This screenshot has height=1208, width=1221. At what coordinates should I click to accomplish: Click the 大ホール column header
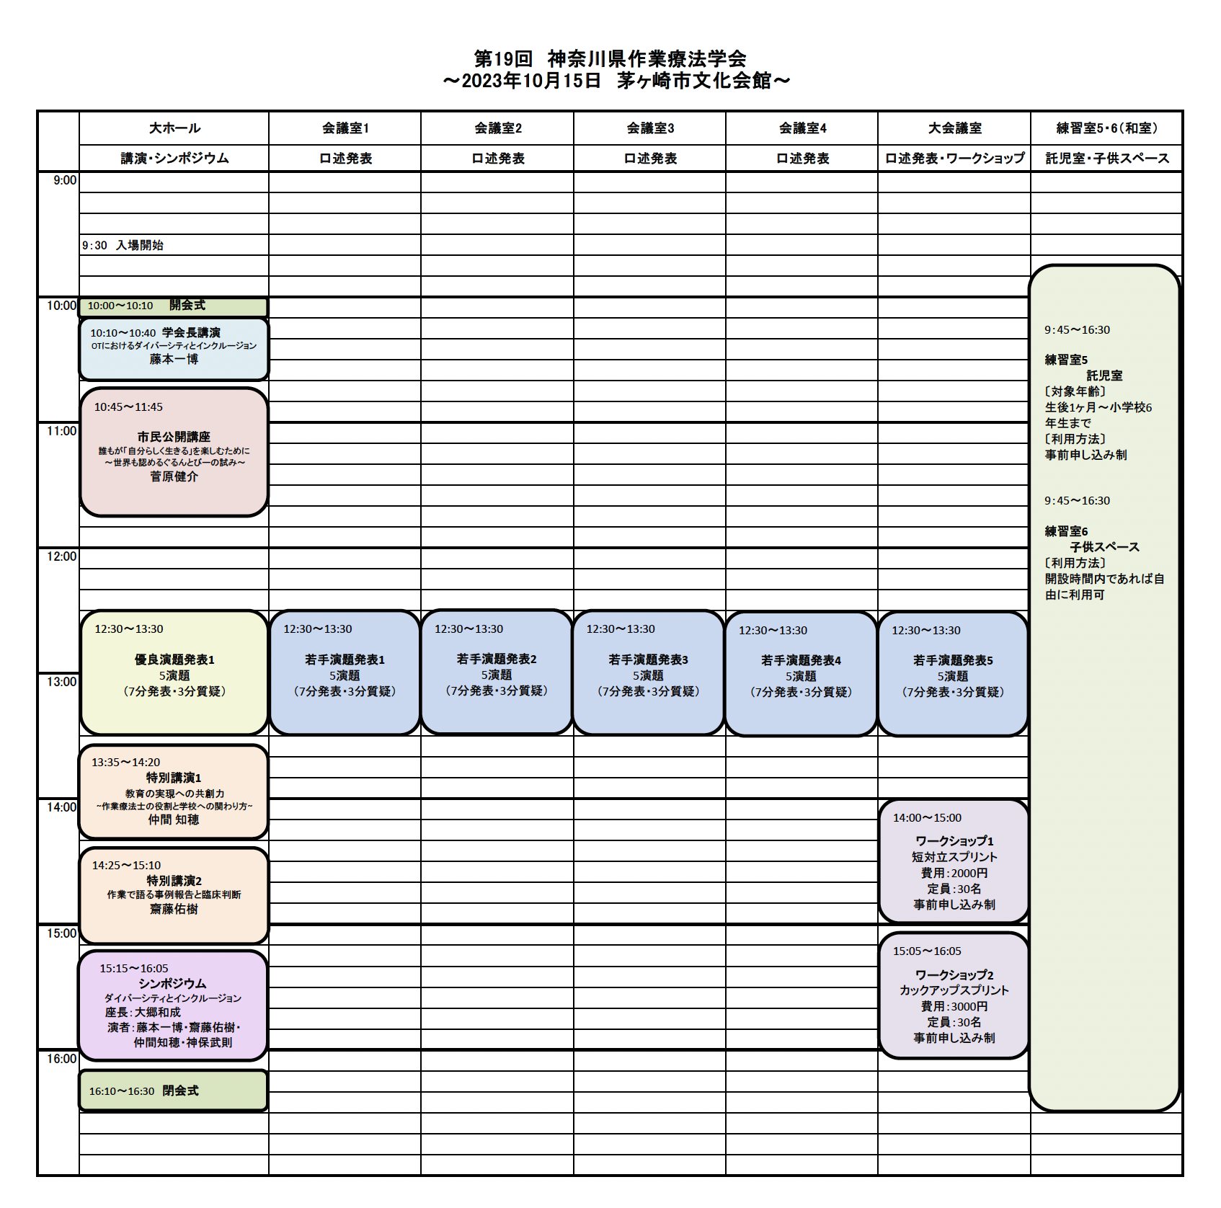(174, 128)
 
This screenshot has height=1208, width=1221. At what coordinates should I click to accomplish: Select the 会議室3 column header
(650, 128)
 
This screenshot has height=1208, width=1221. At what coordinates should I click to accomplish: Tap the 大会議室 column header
(954, 128)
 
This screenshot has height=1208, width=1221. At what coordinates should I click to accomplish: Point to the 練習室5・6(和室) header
(1107, 128)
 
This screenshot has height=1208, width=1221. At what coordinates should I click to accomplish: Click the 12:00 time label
(61, 556)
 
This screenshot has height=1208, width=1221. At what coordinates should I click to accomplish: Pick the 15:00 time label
(61, 933)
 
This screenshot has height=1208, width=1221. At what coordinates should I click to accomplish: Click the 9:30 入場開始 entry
(123, 245)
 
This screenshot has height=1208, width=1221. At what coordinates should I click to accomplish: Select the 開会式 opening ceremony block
(173, 306)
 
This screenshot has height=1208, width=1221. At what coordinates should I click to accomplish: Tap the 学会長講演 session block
(174, 349)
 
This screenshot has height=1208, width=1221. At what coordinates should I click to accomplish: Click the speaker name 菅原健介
(174, 476)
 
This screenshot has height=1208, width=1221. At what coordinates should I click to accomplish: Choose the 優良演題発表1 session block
(174, 672)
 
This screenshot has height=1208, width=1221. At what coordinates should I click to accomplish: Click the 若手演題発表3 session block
(648, 672)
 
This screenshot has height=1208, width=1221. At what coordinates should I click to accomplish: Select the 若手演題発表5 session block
(953, 674)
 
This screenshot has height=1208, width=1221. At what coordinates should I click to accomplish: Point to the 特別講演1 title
(174, 778)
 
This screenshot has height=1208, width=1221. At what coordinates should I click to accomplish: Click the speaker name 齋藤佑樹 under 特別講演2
(174, 910)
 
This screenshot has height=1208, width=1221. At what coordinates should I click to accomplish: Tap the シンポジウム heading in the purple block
(172, 984)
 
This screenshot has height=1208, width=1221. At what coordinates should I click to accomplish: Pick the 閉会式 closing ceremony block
(173, 1091)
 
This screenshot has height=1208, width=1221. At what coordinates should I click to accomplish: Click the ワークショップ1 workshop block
(954, 861)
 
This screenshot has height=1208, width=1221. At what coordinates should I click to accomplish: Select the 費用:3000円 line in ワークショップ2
(954, 1006)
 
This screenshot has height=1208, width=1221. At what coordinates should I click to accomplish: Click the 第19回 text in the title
(502, 58)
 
